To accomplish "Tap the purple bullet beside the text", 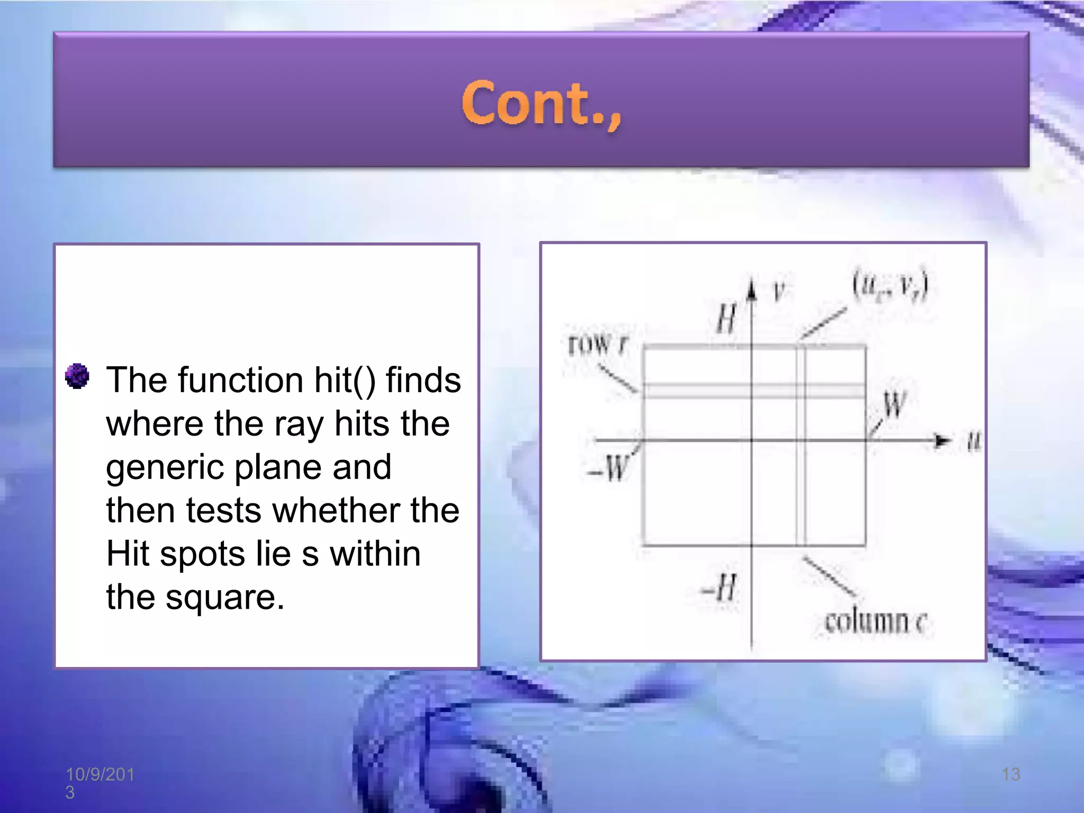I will [77, 376].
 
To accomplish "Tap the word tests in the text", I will [223, 511].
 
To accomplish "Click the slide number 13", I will [1010, 774].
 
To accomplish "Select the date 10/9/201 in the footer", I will [100, 774].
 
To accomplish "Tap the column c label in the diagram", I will [875, 621].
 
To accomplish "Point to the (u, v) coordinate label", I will [890, 287].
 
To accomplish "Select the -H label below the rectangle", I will [719, 588].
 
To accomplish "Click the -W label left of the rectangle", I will [609, 469].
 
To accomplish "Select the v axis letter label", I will [778, 291].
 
